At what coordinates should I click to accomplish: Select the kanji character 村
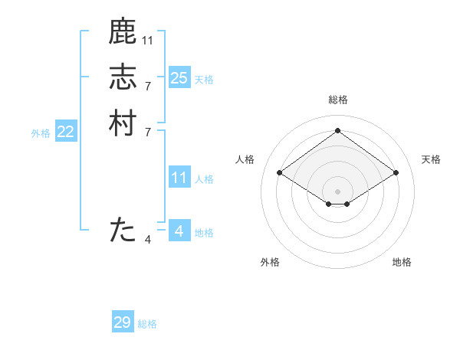[x=123, y=123]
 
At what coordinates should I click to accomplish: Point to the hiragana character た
[x=123, y=230]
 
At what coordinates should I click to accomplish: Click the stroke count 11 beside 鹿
[x=148, y=40]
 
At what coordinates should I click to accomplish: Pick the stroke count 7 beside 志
[x=148, y=86]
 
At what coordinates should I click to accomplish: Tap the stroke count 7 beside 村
[x=148, y=133]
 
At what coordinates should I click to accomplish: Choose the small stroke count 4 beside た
[x=148, y=240]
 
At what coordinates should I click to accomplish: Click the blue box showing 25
[x=179, y=78]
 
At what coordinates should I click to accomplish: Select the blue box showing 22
[x=66, y=132]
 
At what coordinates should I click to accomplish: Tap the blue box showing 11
[x=179, y=178]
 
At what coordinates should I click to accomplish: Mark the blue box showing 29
[x=123, y=322]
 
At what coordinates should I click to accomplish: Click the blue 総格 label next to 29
[x=147, y=324]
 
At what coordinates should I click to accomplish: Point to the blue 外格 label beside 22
[x=41, y=133]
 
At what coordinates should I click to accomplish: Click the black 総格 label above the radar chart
[x=337, y=100]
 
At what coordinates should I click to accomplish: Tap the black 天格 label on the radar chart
[x=431, y=159]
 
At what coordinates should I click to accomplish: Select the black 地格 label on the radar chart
[x=402, y=262]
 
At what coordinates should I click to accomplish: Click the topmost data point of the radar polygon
[x=337, y=130]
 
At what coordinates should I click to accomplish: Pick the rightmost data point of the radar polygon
[x=396, y=173]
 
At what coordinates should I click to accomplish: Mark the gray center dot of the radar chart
[x=337, y=191]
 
